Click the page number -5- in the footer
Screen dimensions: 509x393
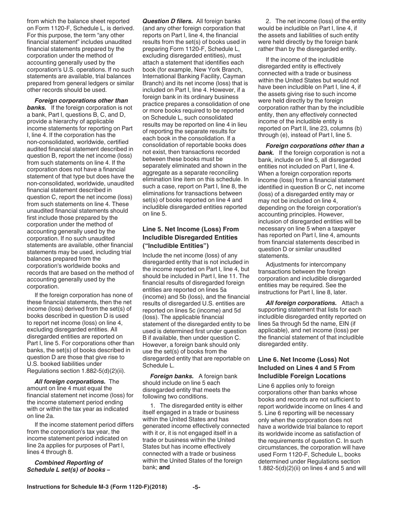(x=196, y=487)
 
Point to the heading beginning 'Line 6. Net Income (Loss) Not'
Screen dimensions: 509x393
(x=306, y=359)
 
